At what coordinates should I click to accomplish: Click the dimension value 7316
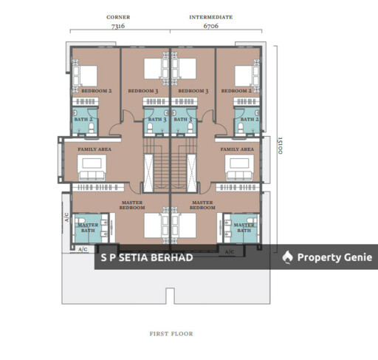[118, 26]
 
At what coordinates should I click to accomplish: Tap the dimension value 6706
[211, 26]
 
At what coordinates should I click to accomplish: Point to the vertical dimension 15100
[280, 146]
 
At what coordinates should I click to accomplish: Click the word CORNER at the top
[118, 17]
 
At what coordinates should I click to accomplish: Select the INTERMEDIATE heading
[211, 17]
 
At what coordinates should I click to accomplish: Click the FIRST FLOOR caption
[171, 333]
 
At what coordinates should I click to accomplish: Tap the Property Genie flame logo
[287, 257]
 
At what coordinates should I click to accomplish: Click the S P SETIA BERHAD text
[147, 258]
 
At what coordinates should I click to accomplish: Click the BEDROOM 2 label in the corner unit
[97, 91]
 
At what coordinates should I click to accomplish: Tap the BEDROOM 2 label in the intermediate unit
[236, 91]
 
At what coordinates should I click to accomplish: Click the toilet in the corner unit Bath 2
[92, 128]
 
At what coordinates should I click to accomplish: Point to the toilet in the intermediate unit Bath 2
[241, 128]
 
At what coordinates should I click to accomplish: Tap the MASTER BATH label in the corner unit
[88, 228]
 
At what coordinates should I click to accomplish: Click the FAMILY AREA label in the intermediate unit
[237, 149]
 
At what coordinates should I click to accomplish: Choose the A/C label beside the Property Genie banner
[230, 252]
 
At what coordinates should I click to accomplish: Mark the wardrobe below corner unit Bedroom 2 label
[86, 101]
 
